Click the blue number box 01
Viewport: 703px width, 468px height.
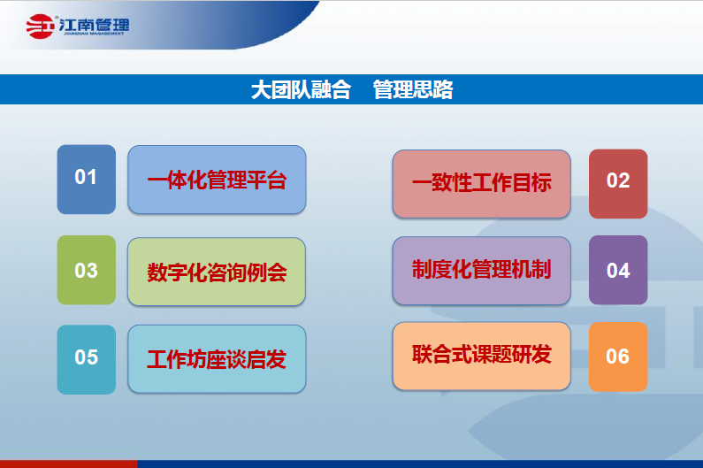[86, 179]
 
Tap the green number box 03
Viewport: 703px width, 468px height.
[86, 270]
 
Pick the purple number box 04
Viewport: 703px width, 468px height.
[618, 270]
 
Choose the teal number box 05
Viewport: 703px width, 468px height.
[86, 358]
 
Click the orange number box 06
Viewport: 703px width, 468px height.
[618, 357]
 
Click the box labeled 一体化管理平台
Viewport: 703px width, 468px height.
[217, 180]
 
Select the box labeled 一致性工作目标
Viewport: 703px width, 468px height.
[482, 183]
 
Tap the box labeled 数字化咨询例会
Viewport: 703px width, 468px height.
[217, 272]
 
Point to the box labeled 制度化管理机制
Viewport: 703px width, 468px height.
[482, 269]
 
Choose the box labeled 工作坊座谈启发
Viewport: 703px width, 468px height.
[217, 359]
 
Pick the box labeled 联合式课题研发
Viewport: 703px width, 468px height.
[482, 356]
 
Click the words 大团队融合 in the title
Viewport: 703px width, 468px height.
[301, 89]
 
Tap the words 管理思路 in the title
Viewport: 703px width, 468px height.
[413, 89]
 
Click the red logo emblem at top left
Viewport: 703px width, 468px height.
[40, 27]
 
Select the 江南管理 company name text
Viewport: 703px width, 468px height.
[93, 25]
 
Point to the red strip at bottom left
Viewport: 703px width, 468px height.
[68, 464]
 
